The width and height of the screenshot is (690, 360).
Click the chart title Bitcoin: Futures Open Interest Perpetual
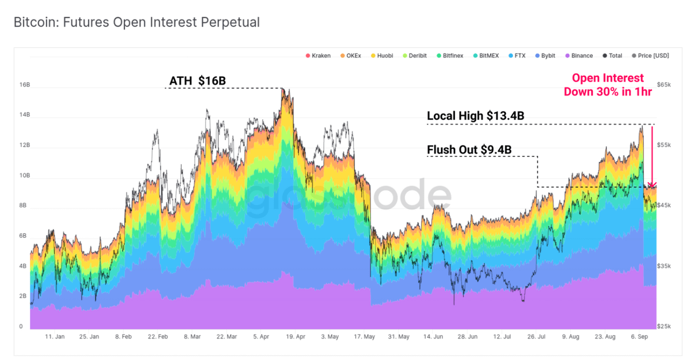[x=136, y=22]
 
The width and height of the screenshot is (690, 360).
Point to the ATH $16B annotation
[x=197, y=81]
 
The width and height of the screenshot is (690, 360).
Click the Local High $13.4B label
[x=475, y=116]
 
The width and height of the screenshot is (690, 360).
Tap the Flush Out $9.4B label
[x=469, y=150]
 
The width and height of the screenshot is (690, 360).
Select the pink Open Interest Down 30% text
[x=608, y=85]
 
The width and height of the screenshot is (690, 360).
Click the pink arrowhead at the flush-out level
[x=652, y=185]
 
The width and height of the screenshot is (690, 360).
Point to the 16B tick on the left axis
[x=24, y=85]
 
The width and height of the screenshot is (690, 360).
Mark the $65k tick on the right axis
[x=664, y=85]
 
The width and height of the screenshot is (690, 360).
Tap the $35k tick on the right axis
[x=664, y=266]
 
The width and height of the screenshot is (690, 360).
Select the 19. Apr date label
[x=296, y=337]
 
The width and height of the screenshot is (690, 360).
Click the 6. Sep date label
[x=639, y=337]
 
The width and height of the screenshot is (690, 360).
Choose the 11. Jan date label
[x=55, y=337]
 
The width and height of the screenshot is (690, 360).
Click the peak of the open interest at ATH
[x=283, y=89]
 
